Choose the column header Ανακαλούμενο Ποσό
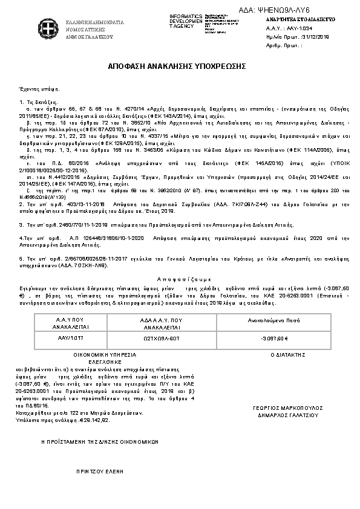(274, 322)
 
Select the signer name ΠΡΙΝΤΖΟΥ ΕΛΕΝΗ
(94, 470)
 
